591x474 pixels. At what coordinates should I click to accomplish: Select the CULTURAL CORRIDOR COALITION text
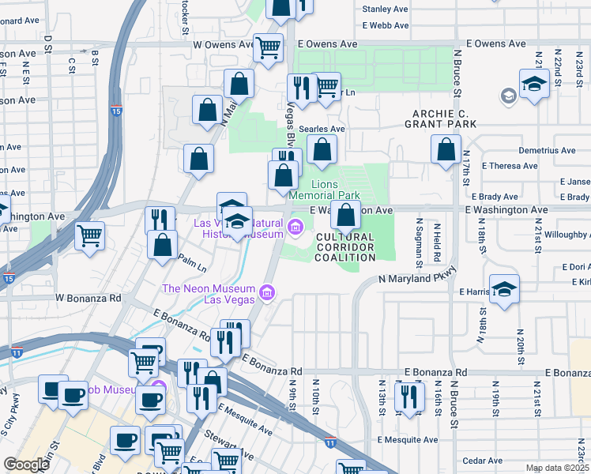coord(345,246)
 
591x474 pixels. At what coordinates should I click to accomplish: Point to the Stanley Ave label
coord(385,9)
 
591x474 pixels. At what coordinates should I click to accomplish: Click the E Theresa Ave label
coord(514,166)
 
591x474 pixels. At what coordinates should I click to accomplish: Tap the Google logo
coord(26,465)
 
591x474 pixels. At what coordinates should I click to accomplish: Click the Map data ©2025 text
coord(556,468)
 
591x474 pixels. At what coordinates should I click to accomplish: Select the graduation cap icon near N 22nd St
coord(535,83)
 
